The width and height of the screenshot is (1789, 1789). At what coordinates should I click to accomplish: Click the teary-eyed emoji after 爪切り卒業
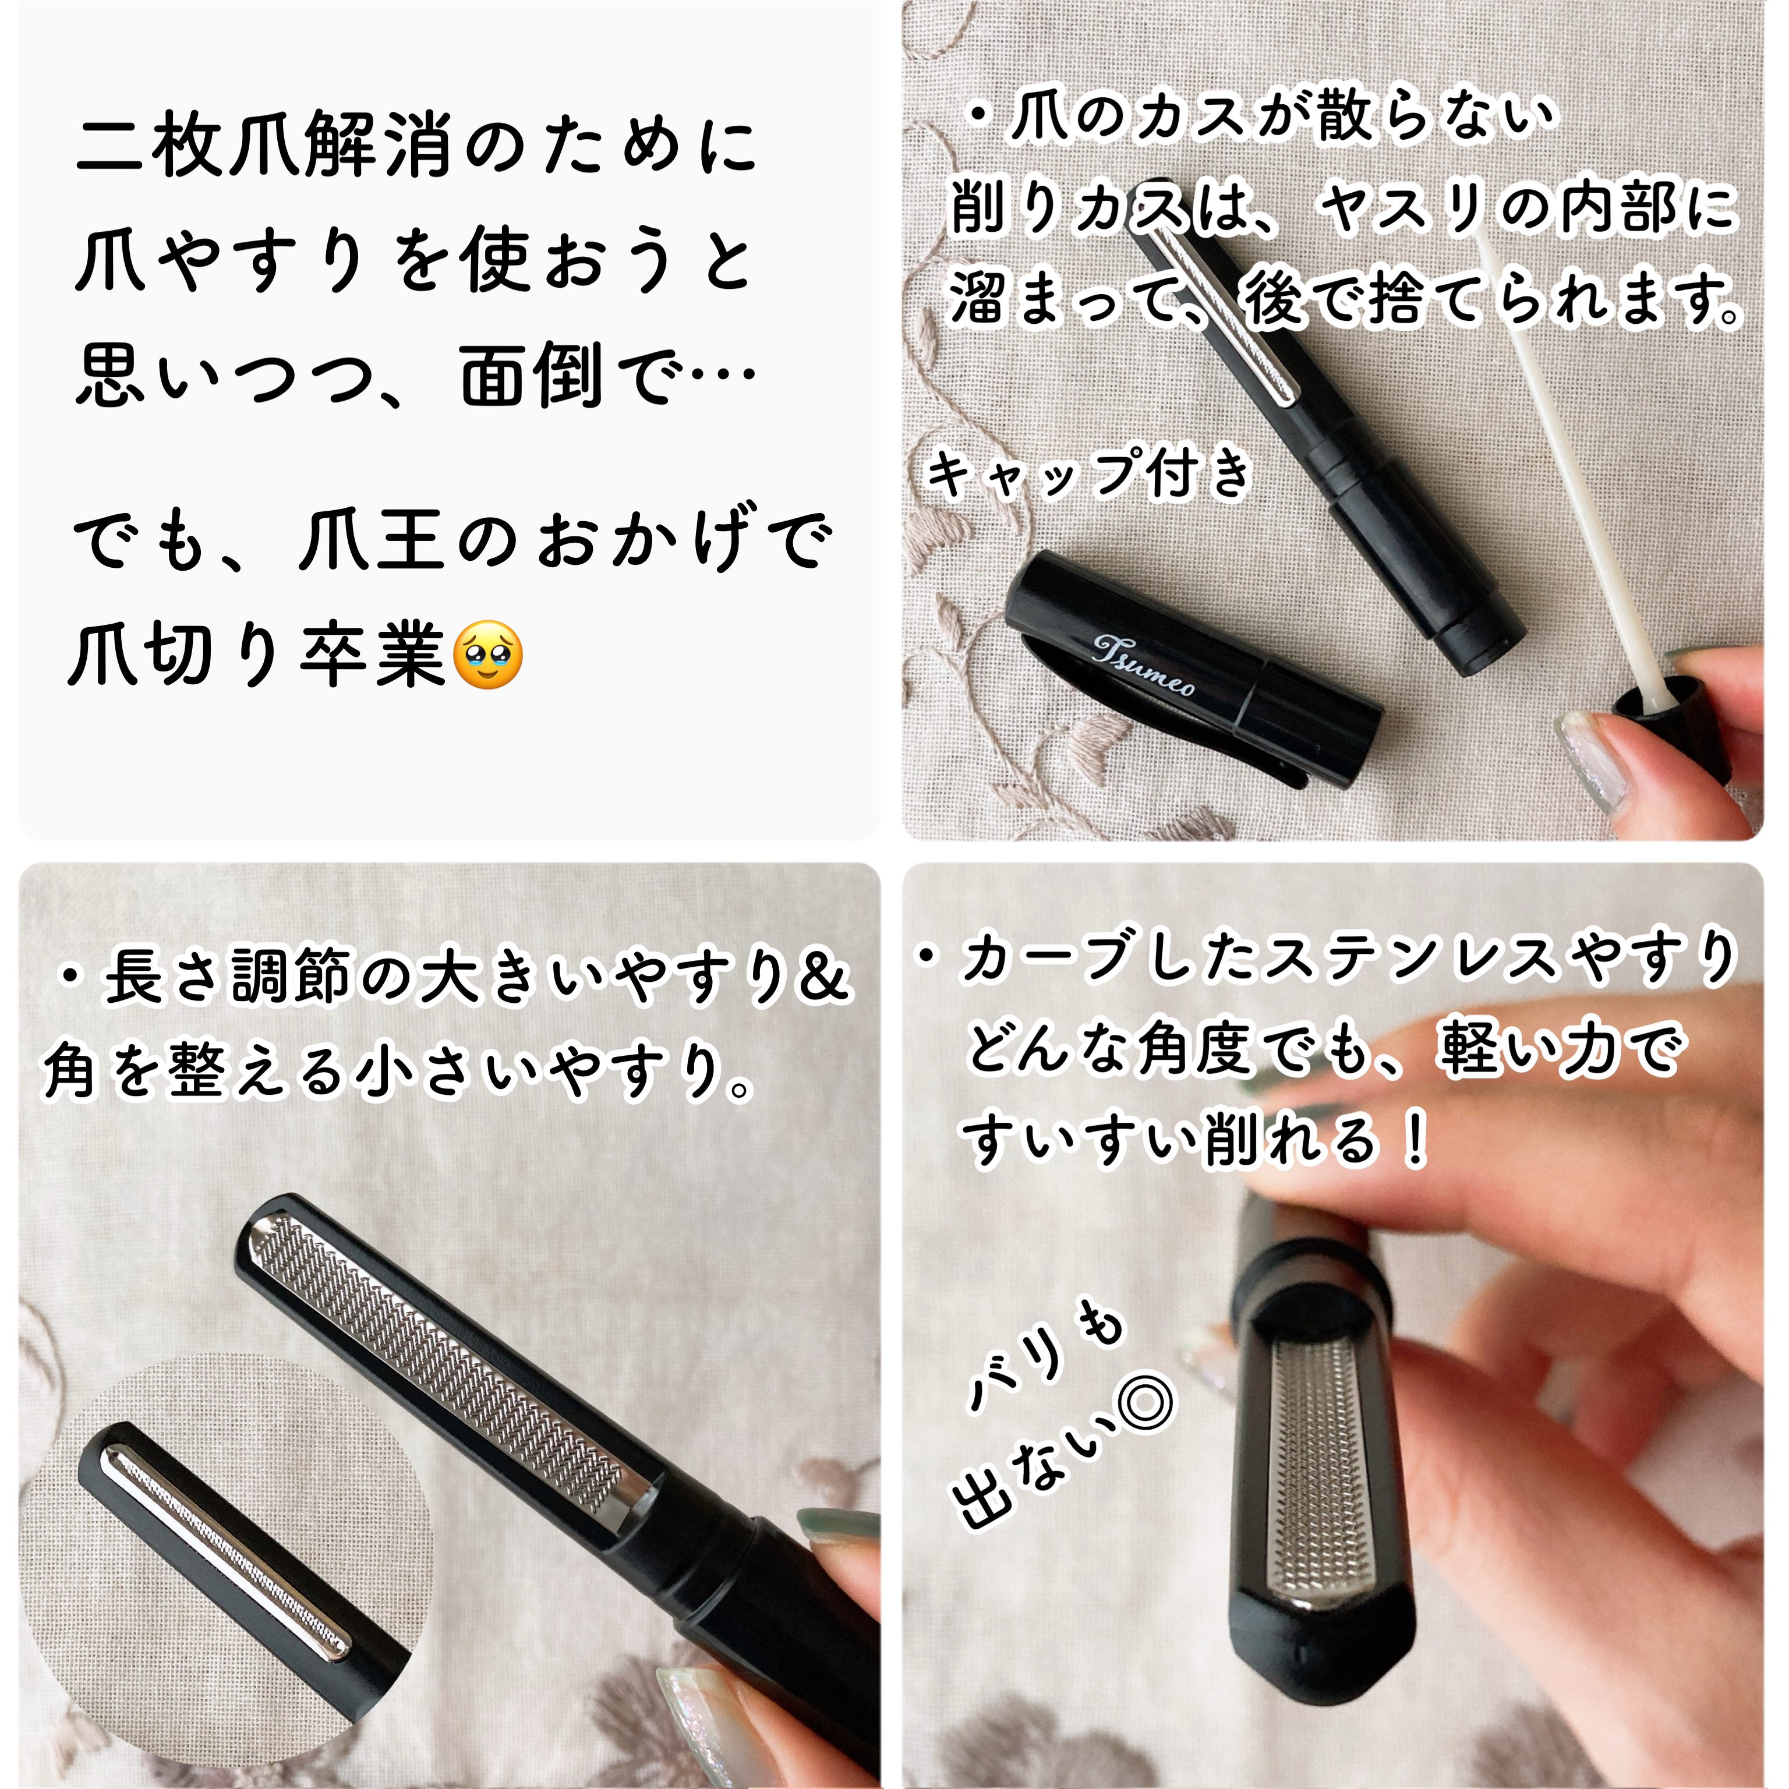(x=487, y=655)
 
